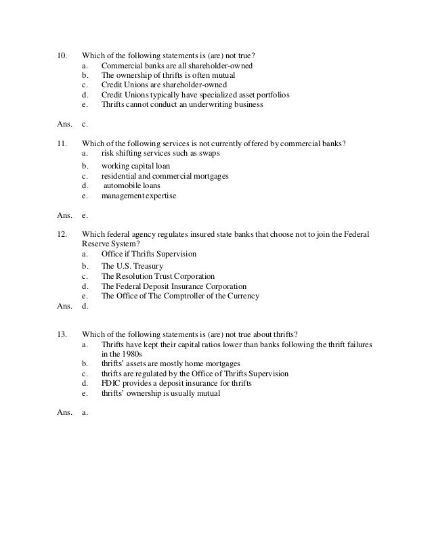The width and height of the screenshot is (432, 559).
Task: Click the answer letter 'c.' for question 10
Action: (x=85, y=125)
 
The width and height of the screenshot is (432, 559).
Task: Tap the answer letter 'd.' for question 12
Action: (x=85, y=305)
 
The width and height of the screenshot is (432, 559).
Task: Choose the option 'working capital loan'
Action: (x=135, y=166)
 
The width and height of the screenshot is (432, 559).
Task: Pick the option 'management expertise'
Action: (x=138, y=196)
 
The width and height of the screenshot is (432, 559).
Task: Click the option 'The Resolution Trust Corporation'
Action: (x=158, y=276)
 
